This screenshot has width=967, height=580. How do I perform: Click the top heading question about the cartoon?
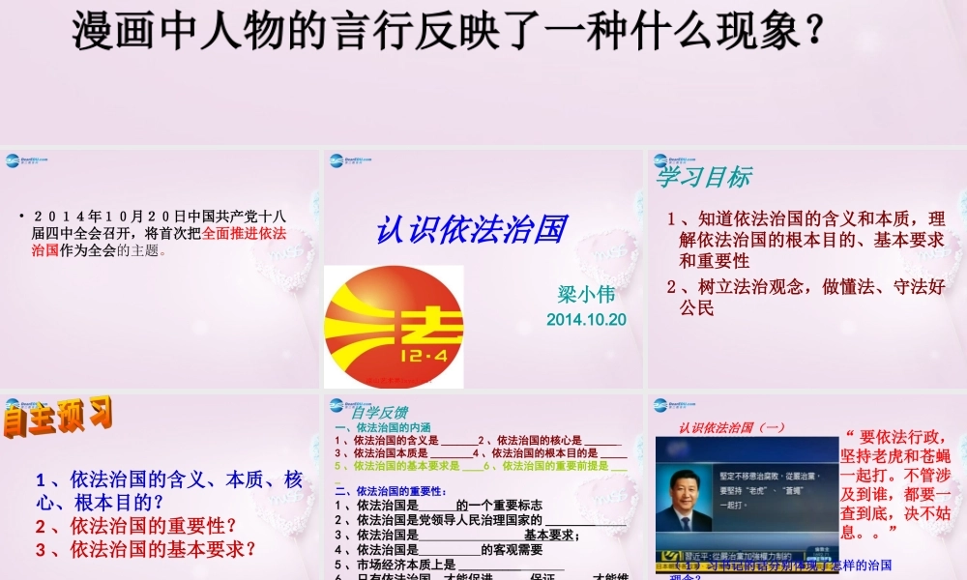click(451, 30)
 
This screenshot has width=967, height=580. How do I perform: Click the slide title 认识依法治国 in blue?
click(470, 230)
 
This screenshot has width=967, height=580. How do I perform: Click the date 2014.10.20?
click(586, 319)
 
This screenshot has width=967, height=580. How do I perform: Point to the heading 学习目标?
click(703, 177)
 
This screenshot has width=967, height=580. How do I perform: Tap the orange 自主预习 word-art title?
click(57, 420)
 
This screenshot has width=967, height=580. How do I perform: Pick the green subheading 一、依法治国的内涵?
click(382, 427)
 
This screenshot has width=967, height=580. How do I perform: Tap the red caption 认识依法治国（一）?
click(732, 427)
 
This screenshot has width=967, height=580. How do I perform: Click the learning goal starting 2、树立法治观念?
click(806, 297)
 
